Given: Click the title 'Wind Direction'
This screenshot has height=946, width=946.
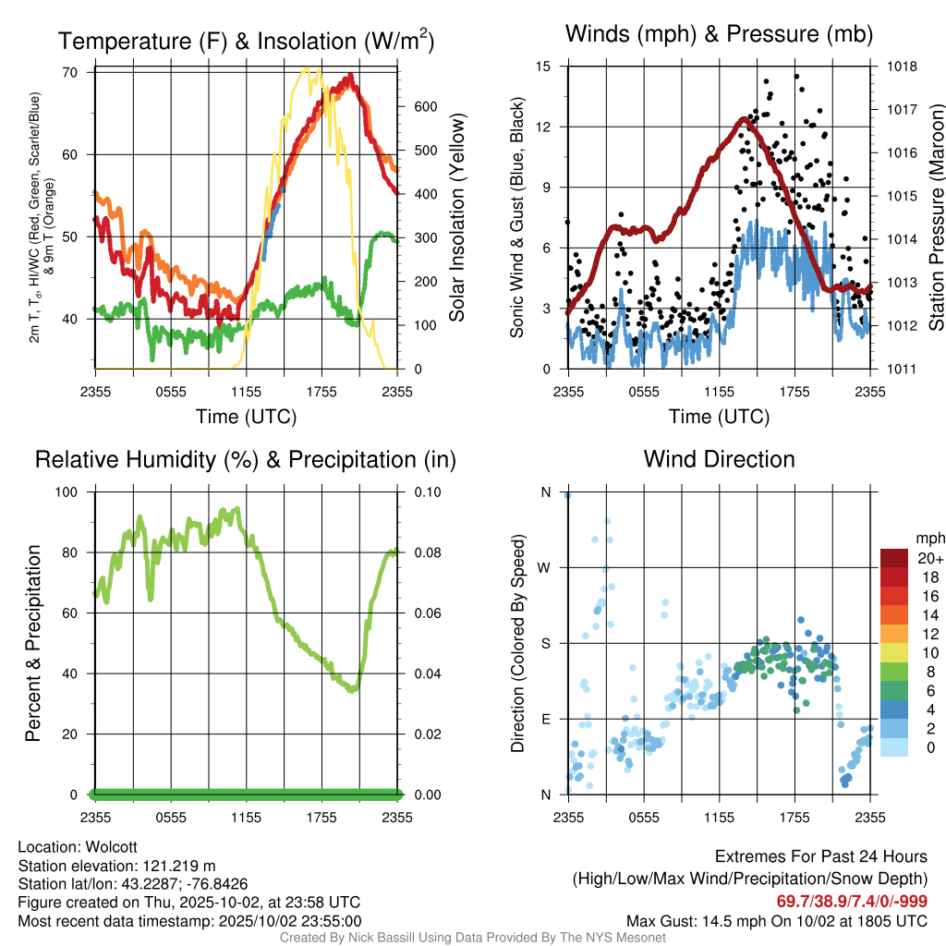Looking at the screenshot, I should point(719,459).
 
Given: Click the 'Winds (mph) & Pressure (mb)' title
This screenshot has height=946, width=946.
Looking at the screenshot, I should point(719,35).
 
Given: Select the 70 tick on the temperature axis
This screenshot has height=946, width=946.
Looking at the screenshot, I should point(76,72).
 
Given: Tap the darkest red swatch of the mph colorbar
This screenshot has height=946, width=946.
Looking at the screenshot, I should point(895,558).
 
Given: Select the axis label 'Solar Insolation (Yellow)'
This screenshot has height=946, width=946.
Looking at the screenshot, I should point(457,218).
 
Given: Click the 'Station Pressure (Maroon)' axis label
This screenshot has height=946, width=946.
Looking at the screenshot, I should point(935,218).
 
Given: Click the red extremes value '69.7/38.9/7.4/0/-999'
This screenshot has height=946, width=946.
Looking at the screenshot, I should point(852,902).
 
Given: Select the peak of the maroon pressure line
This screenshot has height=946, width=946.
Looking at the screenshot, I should point(744,119).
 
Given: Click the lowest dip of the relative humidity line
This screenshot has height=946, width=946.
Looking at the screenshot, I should point(352,689).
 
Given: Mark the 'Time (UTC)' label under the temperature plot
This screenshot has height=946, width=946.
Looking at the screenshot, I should point(247,417).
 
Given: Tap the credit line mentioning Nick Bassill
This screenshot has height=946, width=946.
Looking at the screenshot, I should point(473,937).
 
